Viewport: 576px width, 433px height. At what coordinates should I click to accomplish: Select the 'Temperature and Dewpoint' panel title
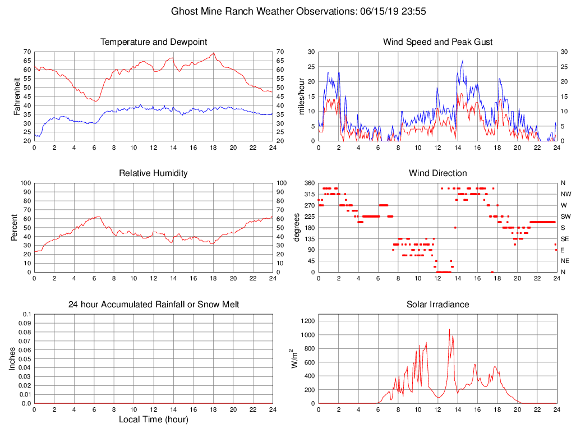click(153, 42)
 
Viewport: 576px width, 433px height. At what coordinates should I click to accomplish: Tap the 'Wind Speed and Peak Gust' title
click(437, 42)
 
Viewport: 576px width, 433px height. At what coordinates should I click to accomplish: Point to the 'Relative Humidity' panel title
click(153, 173)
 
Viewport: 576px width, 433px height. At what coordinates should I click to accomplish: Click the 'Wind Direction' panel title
click(437, 173)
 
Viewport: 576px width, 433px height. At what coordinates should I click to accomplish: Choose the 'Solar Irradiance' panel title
click(437, 305)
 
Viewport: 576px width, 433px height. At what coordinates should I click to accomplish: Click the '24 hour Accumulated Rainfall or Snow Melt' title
click(153, 305)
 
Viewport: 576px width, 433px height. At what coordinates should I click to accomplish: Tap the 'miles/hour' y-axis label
click(301, 96)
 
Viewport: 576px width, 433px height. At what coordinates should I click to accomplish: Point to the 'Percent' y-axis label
click(14, 227)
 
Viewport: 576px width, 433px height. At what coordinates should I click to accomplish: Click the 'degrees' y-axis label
click(297, 227)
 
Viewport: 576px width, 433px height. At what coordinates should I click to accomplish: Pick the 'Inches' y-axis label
click(12, 358)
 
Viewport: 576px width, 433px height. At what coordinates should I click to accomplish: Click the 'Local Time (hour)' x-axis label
click(153, 420)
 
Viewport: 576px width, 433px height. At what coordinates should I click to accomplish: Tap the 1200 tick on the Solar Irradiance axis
click(307, 321)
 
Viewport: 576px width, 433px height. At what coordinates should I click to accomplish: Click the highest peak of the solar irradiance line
click(449, 330)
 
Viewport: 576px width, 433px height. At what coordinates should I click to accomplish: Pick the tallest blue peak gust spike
click(463, 60)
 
